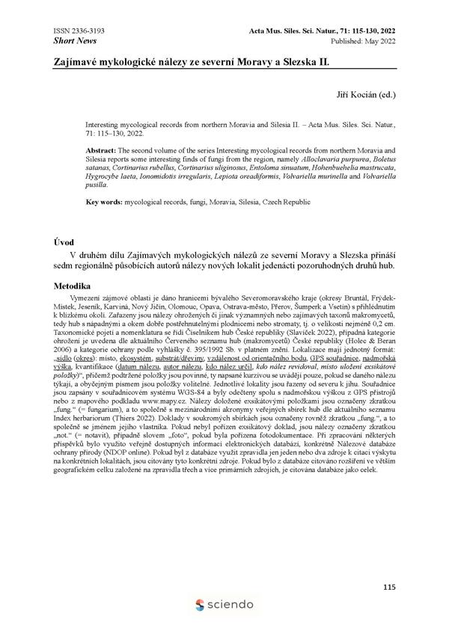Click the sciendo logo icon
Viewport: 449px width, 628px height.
(200, 604)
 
